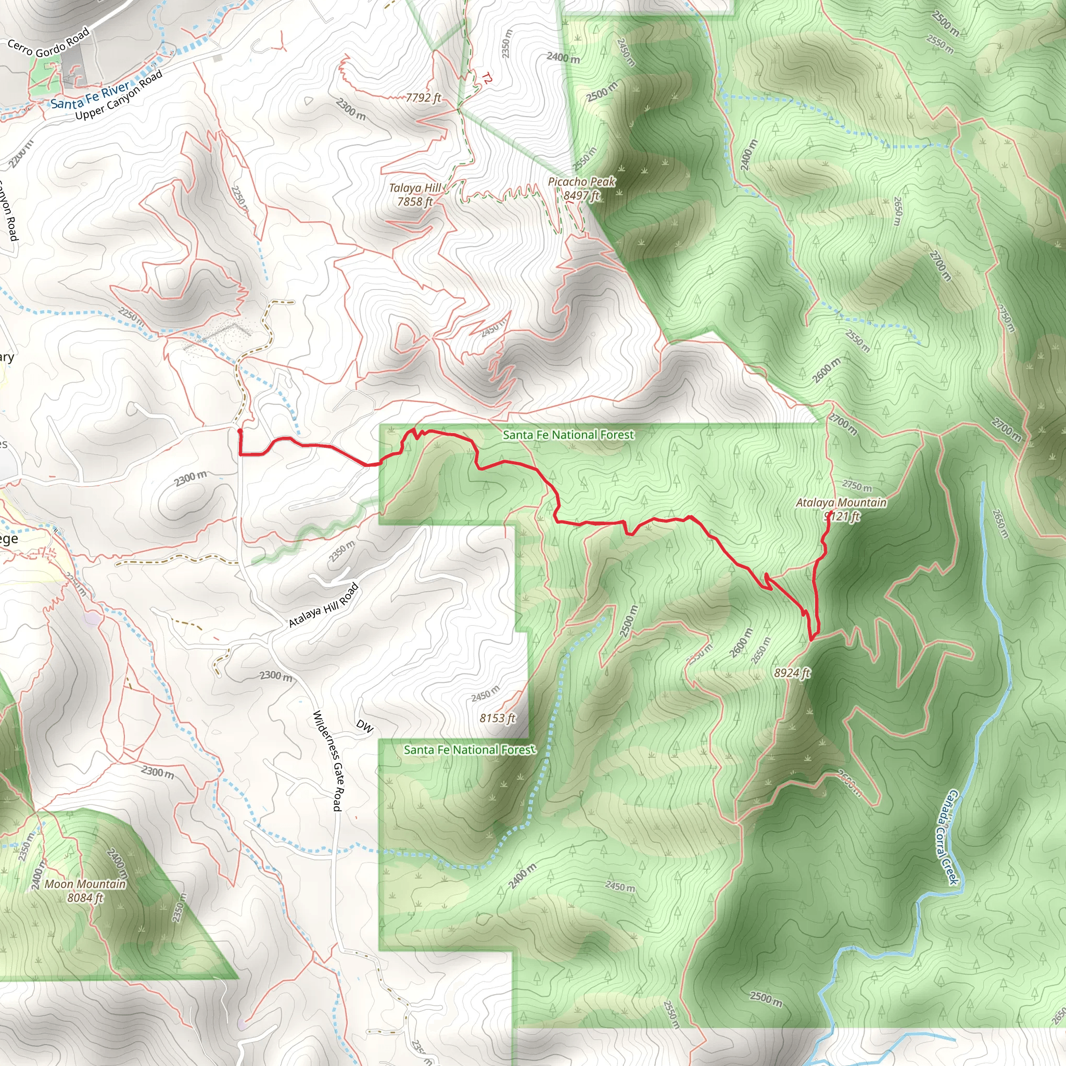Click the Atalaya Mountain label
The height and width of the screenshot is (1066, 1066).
[x=841, y=503]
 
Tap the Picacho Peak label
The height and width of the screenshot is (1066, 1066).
[x=581, y=182]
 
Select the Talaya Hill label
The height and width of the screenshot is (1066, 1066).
[x=415, y=188]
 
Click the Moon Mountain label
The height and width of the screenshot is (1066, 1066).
[x=85, y=884]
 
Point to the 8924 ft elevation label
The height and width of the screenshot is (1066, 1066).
[x=792, y=672]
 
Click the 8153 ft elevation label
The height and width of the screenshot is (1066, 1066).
[x=497, y=718]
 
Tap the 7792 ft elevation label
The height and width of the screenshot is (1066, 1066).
[x=423, y=98]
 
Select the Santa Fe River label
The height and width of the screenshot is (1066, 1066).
[x=91, y=95]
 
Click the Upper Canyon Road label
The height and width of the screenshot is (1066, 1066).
[x=119, y=95]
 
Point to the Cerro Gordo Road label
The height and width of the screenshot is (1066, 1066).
[x=48, y=44]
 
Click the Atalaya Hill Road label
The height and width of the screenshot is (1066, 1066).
[x=324, y=605]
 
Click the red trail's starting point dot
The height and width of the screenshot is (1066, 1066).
[x=239, y=430]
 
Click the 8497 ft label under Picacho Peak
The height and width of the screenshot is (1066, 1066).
[x=581, y=195]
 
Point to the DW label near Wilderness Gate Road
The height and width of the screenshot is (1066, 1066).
[x=365, y=726]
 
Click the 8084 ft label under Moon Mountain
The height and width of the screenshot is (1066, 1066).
[x=85, y=898]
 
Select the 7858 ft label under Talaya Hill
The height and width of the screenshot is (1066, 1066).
[x=415, y=202]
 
